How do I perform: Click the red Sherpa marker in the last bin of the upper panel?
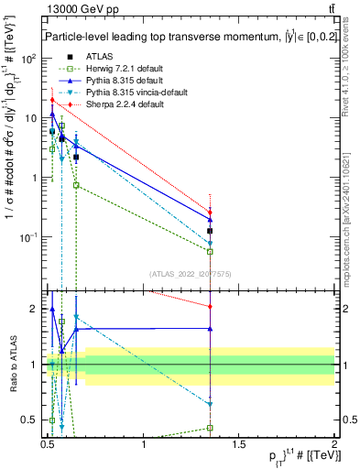pyautogui.click(x=211, y=213)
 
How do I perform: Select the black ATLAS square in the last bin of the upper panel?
pyautogui.click(x=211, y=231)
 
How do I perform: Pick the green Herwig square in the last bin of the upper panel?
pyautogui.click(x=211, y=251)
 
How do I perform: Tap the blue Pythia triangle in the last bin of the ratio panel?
pyautogui.click(x=211, y=328)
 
